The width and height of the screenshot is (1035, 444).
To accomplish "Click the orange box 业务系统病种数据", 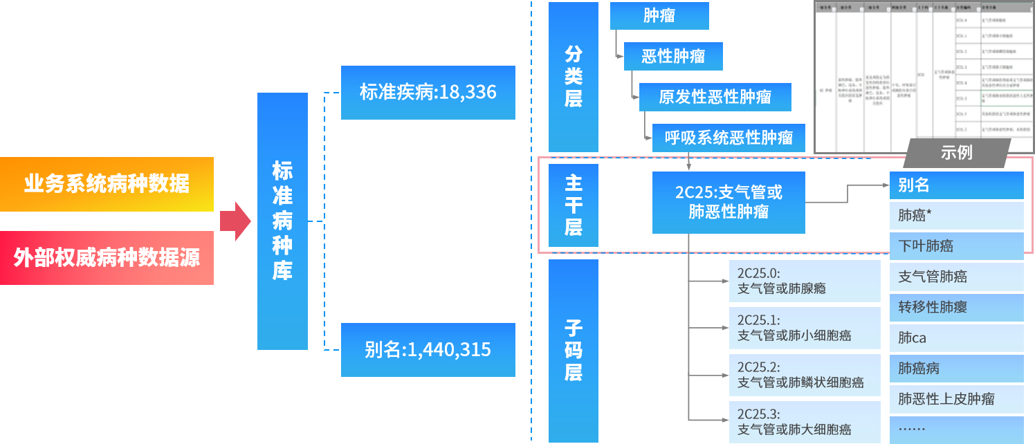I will click(107, 184).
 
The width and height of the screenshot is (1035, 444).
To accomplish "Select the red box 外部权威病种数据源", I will click(107, 258).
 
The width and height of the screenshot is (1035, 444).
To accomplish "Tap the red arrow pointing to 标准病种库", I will click(235, 221).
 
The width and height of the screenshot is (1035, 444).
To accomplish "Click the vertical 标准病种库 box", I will click(282, 221).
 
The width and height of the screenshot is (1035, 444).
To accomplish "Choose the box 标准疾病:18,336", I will click(428, 92).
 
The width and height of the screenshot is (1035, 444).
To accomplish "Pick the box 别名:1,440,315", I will click(428, 350).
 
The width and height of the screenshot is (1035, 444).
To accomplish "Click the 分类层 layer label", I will click(574, 77).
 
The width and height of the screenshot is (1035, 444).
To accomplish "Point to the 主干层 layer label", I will click(574, 205).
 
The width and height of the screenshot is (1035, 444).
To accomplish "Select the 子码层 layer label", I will click(574, 351).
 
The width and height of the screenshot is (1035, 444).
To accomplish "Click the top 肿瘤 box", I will click(659, 16).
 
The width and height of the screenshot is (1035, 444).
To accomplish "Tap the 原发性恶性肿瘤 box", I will click(715, 97).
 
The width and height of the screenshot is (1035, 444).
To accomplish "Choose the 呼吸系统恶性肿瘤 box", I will click(730, 138).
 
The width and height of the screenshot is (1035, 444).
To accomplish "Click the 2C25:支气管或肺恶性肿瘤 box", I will click(729, 202).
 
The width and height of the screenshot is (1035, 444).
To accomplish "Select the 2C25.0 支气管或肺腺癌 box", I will click(805, 281).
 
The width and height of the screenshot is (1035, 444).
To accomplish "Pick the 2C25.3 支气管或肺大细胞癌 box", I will click(805, 422).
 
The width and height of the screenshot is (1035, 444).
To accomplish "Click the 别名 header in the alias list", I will click(956, 185).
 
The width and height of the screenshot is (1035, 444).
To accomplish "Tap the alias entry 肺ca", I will click(956, 338).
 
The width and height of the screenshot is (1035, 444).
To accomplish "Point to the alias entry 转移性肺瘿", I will click(956, 307).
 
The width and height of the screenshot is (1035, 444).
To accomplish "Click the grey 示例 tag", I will click(956, 153).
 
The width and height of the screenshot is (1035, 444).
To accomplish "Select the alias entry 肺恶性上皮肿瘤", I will click(956, 399).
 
